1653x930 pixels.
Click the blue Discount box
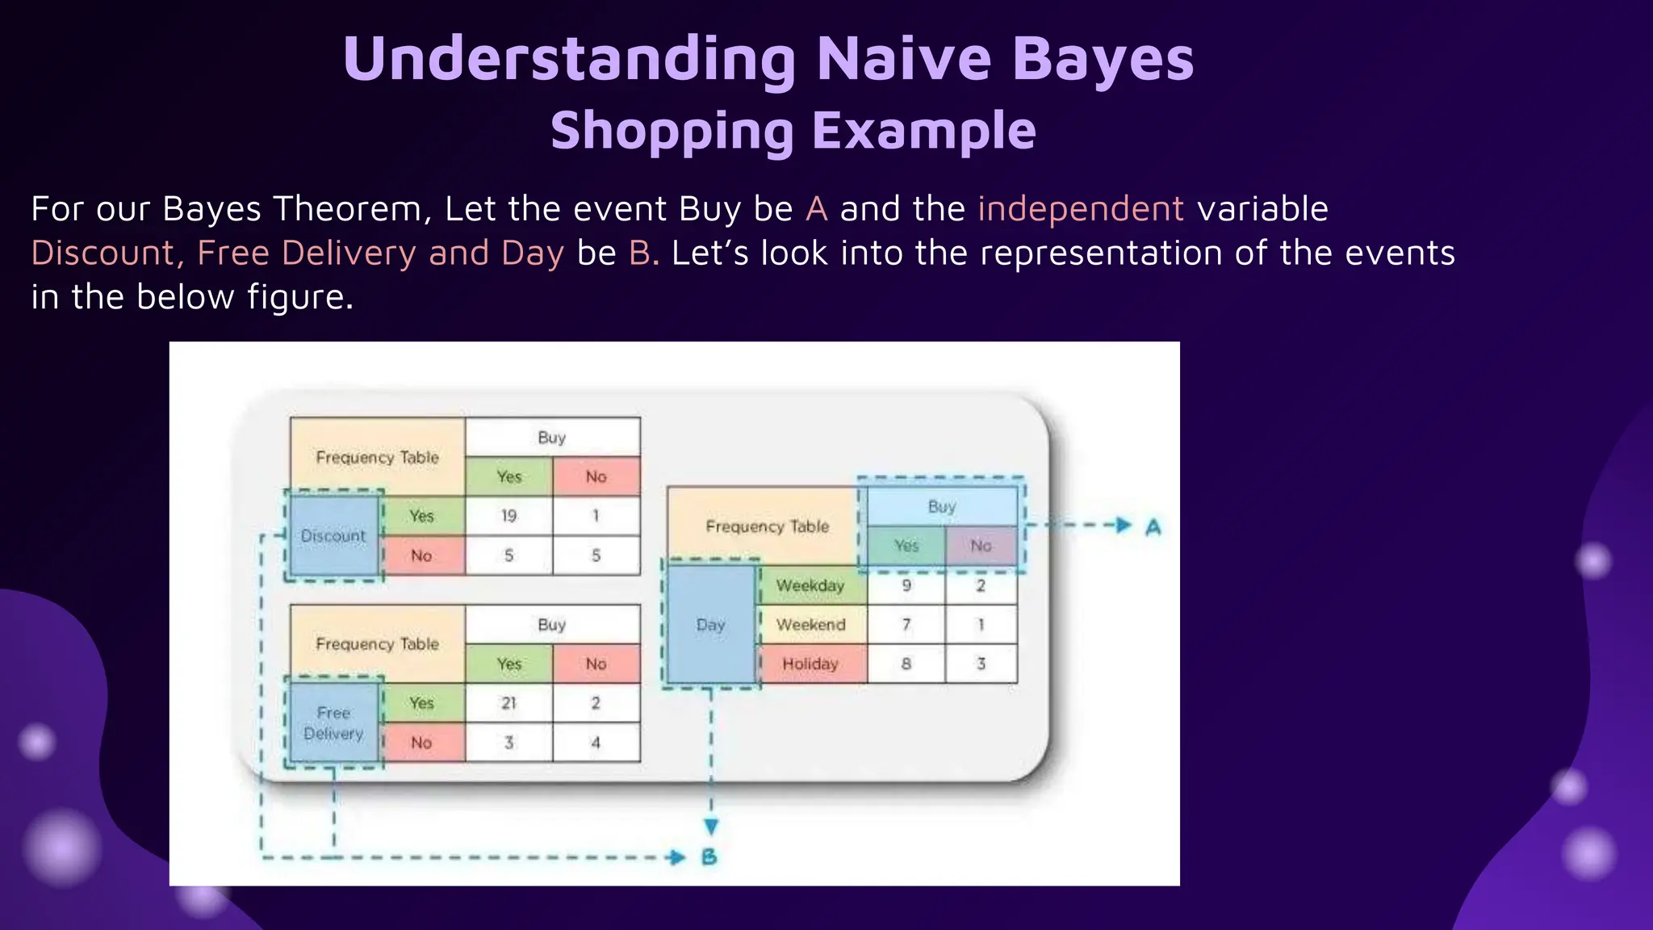(x=333, y=535)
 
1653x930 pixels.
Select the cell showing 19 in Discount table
(x=508, y=516)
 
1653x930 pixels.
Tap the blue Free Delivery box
(x=333, y=723)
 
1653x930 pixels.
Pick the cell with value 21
(x=508, y=703)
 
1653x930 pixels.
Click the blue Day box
(x=710, y=625)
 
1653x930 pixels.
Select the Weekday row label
(x=810, y=585)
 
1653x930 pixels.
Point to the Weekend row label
(x=810, y=625)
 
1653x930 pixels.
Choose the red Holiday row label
(x=810, y=664)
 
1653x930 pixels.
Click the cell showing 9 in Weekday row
(x=906, y=585)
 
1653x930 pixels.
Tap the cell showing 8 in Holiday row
(x=906, y=664)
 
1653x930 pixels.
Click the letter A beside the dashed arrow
(x=1153, y=527)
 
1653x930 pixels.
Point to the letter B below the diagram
(x=709, y=857)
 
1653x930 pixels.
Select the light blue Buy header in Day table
(x=941, y=507)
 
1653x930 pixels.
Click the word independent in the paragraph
(x=1081, y=209)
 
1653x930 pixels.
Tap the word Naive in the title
(x=904, y=59)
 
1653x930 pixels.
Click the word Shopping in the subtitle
(x=672, y=131)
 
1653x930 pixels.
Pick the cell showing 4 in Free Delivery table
(x=596, y=743)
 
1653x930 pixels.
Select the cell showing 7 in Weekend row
(x=906, y=625)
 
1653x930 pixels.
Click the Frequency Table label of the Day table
(x=767, y=526)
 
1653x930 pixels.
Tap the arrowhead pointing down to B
(x=710, y=827)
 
